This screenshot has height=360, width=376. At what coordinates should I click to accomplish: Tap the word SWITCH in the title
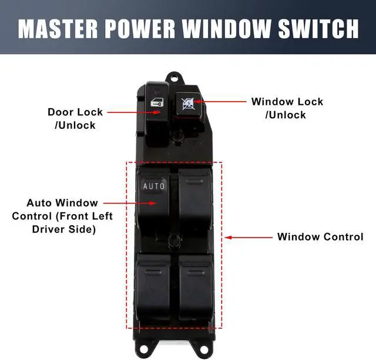point(321,28)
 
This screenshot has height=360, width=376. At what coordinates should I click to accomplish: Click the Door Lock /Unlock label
point(75,118)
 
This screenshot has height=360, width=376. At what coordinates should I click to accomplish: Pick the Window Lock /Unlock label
point(287,108)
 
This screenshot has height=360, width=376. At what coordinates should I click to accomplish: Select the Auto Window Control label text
point(62,216)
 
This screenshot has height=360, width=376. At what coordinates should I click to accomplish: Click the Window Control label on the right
point(320,237)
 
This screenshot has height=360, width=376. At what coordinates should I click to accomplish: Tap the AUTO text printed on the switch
point(155,186)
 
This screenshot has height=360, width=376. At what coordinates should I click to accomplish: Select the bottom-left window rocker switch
point(154,285)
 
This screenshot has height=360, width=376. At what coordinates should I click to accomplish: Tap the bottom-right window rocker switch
point(196,285)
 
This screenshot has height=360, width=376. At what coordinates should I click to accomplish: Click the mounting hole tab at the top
point(172,77)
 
